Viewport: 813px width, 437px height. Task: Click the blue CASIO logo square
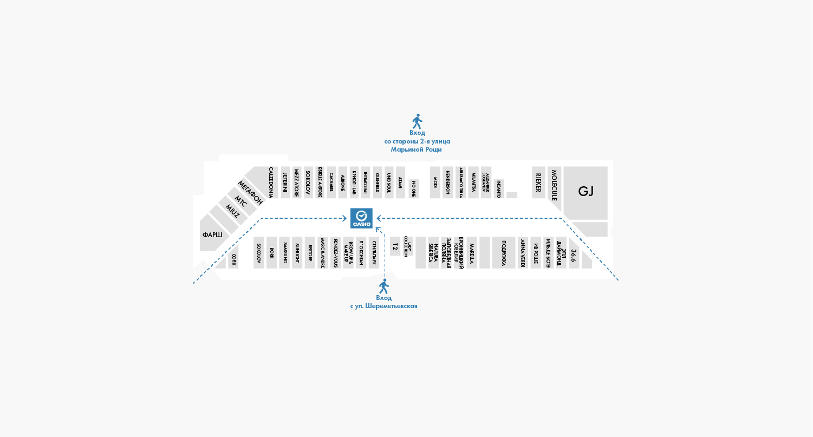[361, 218]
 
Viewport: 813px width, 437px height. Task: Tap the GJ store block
[586, 192]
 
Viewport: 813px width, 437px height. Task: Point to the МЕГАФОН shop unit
[250, 193]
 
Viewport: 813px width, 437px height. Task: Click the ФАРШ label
[212, 235]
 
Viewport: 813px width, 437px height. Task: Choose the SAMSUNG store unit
[285, 252]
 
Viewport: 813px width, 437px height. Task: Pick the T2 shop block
[395, 246]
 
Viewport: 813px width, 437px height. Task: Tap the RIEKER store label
[538, 182]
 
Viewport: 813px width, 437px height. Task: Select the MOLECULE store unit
[554, 186]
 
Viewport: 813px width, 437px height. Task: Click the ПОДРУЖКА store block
[504, 252]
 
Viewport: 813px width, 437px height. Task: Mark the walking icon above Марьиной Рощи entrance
[417, 121]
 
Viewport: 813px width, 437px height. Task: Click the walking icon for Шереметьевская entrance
[383, 286]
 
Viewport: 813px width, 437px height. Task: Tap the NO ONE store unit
[414, 189]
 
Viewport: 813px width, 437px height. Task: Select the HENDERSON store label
[448, 182]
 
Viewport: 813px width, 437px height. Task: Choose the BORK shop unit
[271, 252]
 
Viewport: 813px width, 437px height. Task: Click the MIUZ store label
[232, 212]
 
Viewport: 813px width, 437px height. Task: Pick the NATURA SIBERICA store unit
[433, 252]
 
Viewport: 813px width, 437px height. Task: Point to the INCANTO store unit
[499, 188]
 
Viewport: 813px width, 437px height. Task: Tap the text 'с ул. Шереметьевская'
[383, 306]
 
